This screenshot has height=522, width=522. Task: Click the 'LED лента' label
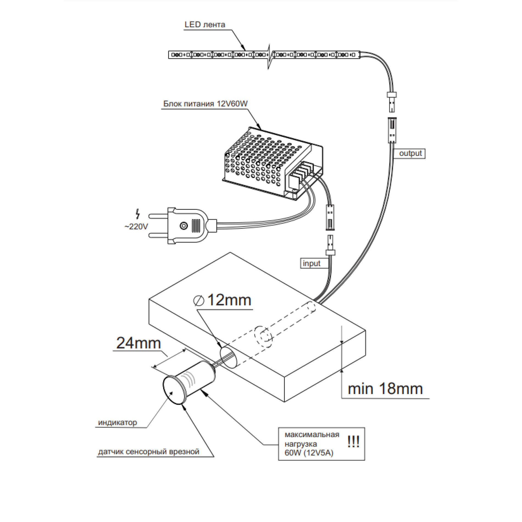click(x=205, y=24)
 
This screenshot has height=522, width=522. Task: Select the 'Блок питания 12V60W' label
click(x=205, y=104)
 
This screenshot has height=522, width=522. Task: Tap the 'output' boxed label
click(x=410, y=153)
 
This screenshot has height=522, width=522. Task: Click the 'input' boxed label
click(x=312, y=263)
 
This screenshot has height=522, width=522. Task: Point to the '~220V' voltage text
click(x=136, y=226)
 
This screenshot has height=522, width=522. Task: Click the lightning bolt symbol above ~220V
click(x=138, y=214)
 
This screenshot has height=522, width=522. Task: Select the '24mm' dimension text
click(x=138, y=343)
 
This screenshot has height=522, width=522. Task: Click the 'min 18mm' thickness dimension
click(x=385, y=389)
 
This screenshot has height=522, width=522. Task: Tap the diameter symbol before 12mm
click(x=199, y=301)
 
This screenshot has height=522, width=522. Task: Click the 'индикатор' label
click(x=117, y=422)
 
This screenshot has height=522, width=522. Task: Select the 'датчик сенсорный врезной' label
click(x=149, y=452)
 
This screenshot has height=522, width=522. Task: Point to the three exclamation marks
click(x=353, y=442)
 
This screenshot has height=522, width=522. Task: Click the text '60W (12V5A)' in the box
click(x=309, y=453)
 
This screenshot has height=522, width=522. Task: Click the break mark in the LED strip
click(x=270, y=56)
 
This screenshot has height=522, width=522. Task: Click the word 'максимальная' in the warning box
click(x=312, y=435)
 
